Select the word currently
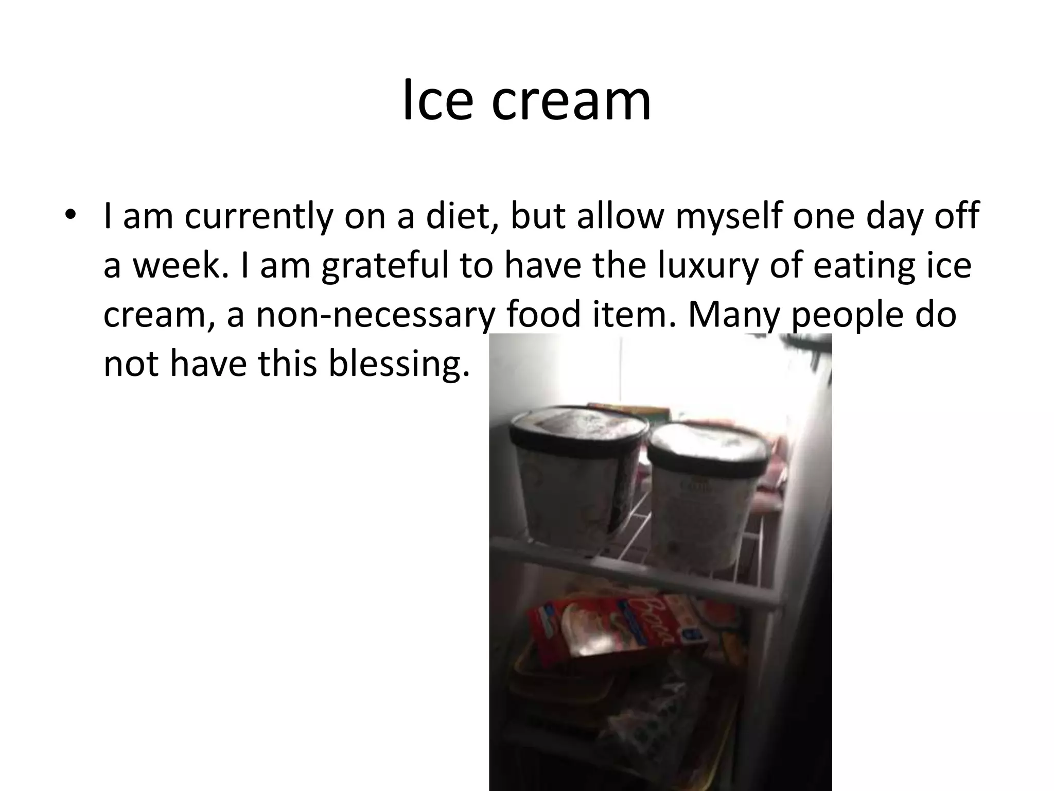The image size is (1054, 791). pos(257,216)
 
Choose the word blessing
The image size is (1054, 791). pos(399,364)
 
